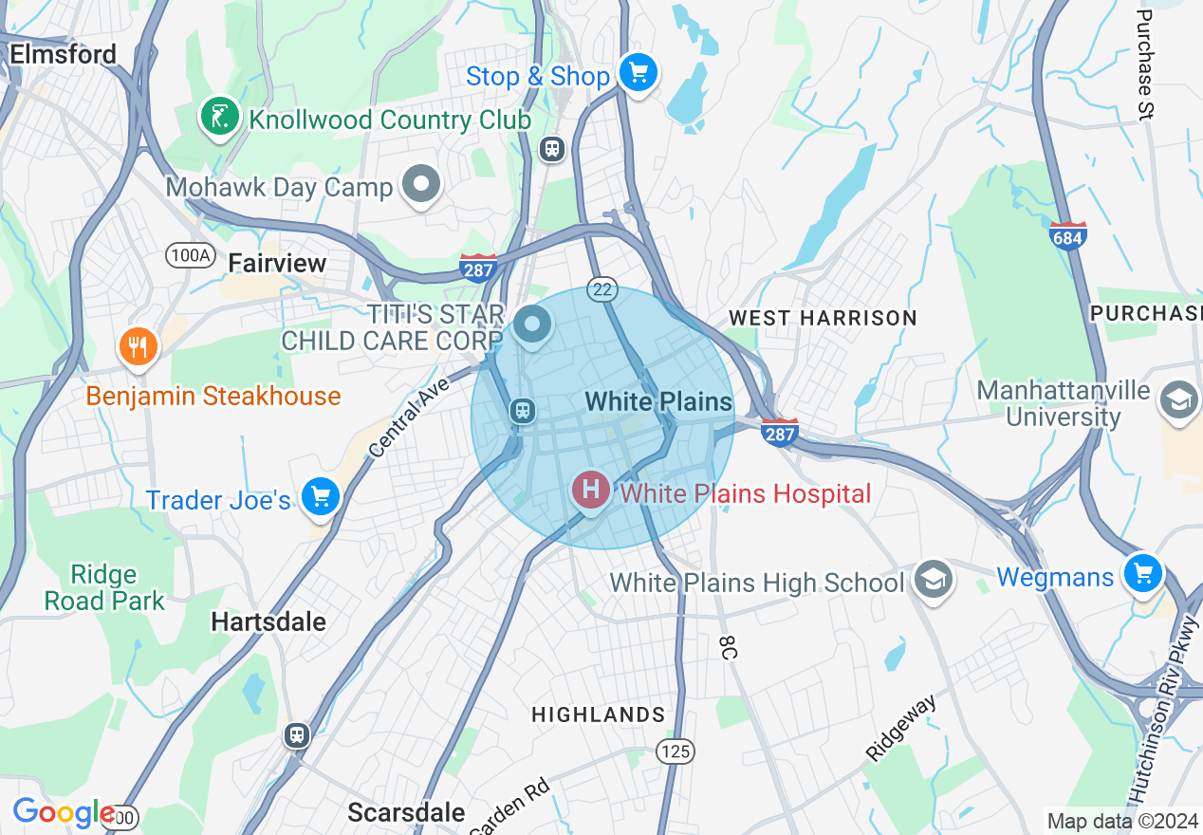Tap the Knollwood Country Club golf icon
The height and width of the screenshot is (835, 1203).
coord(219,118)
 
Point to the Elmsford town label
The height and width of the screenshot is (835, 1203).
coord(63,54)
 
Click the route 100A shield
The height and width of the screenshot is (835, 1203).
coord(190,254)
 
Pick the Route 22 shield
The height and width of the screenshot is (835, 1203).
coord(602,289)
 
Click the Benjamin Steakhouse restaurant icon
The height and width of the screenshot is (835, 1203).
coord(139,347)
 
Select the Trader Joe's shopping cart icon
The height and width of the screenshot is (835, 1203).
coord(320,496)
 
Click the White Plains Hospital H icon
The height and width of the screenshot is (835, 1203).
coord(590,491)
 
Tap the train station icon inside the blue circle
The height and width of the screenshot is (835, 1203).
coord(522,411)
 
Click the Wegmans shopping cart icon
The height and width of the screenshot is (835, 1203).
coord(1142,573)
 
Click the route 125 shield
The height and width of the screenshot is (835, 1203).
coord(675,751)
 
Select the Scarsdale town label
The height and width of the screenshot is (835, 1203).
coord(406,812)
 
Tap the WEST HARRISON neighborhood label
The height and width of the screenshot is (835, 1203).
coord(823,318)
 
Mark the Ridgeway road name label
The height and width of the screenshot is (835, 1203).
coord(901,727)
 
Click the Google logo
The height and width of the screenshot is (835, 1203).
coord(63,813)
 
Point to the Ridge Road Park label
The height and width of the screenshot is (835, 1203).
coord(104,588)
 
